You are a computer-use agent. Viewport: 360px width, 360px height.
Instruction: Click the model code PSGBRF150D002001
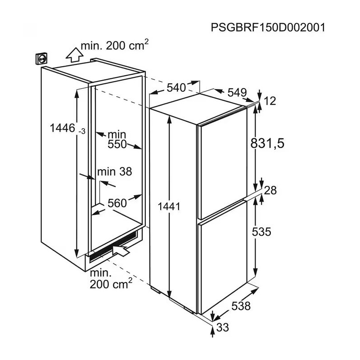coord(268,28)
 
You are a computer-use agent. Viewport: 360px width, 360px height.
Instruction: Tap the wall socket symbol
coord(41,58)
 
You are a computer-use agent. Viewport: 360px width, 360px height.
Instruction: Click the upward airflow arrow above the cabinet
coord(74,54)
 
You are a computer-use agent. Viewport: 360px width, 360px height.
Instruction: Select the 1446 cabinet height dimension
coord(63,128)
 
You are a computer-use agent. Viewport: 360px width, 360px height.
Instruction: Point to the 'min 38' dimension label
coord(115,171)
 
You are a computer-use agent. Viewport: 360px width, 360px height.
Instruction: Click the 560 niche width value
coord(117,203)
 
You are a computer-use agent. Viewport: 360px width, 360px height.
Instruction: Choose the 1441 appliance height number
coord(169,207)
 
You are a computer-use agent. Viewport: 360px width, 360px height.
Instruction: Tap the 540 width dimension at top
coord(176,88)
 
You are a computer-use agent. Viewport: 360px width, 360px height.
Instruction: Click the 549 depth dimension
coord(237,93)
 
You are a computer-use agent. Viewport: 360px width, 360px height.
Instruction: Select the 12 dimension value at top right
coord(270,101)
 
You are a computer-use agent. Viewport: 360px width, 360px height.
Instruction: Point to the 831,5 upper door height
coord(267,144)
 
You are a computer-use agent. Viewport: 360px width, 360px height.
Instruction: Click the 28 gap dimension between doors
coord(270,190)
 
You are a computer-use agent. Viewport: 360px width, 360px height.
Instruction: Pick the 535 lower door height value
coord(261,232)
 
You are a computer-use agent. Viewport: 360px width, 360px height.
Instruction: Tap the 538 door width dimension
coord(241,306)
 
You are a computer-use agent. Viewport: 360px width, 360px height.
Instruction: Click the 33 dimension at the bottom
coord(223,328)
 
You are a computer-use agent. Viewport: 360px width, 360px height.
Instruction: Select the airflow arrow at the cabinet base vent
coord(121,250)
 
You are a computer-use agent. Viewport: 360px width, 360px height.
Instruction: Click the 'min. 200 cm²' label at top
coord(115,45)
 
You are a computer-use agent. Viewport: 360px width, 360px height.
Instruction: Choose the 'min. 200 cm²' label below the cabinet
coord(111,279)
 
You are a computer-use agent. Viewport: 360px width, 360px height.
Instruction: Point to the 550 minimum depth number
coord(117,144)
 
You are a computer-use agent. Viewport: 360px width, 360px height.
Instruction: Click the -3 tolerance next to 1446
coord(82,131)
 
